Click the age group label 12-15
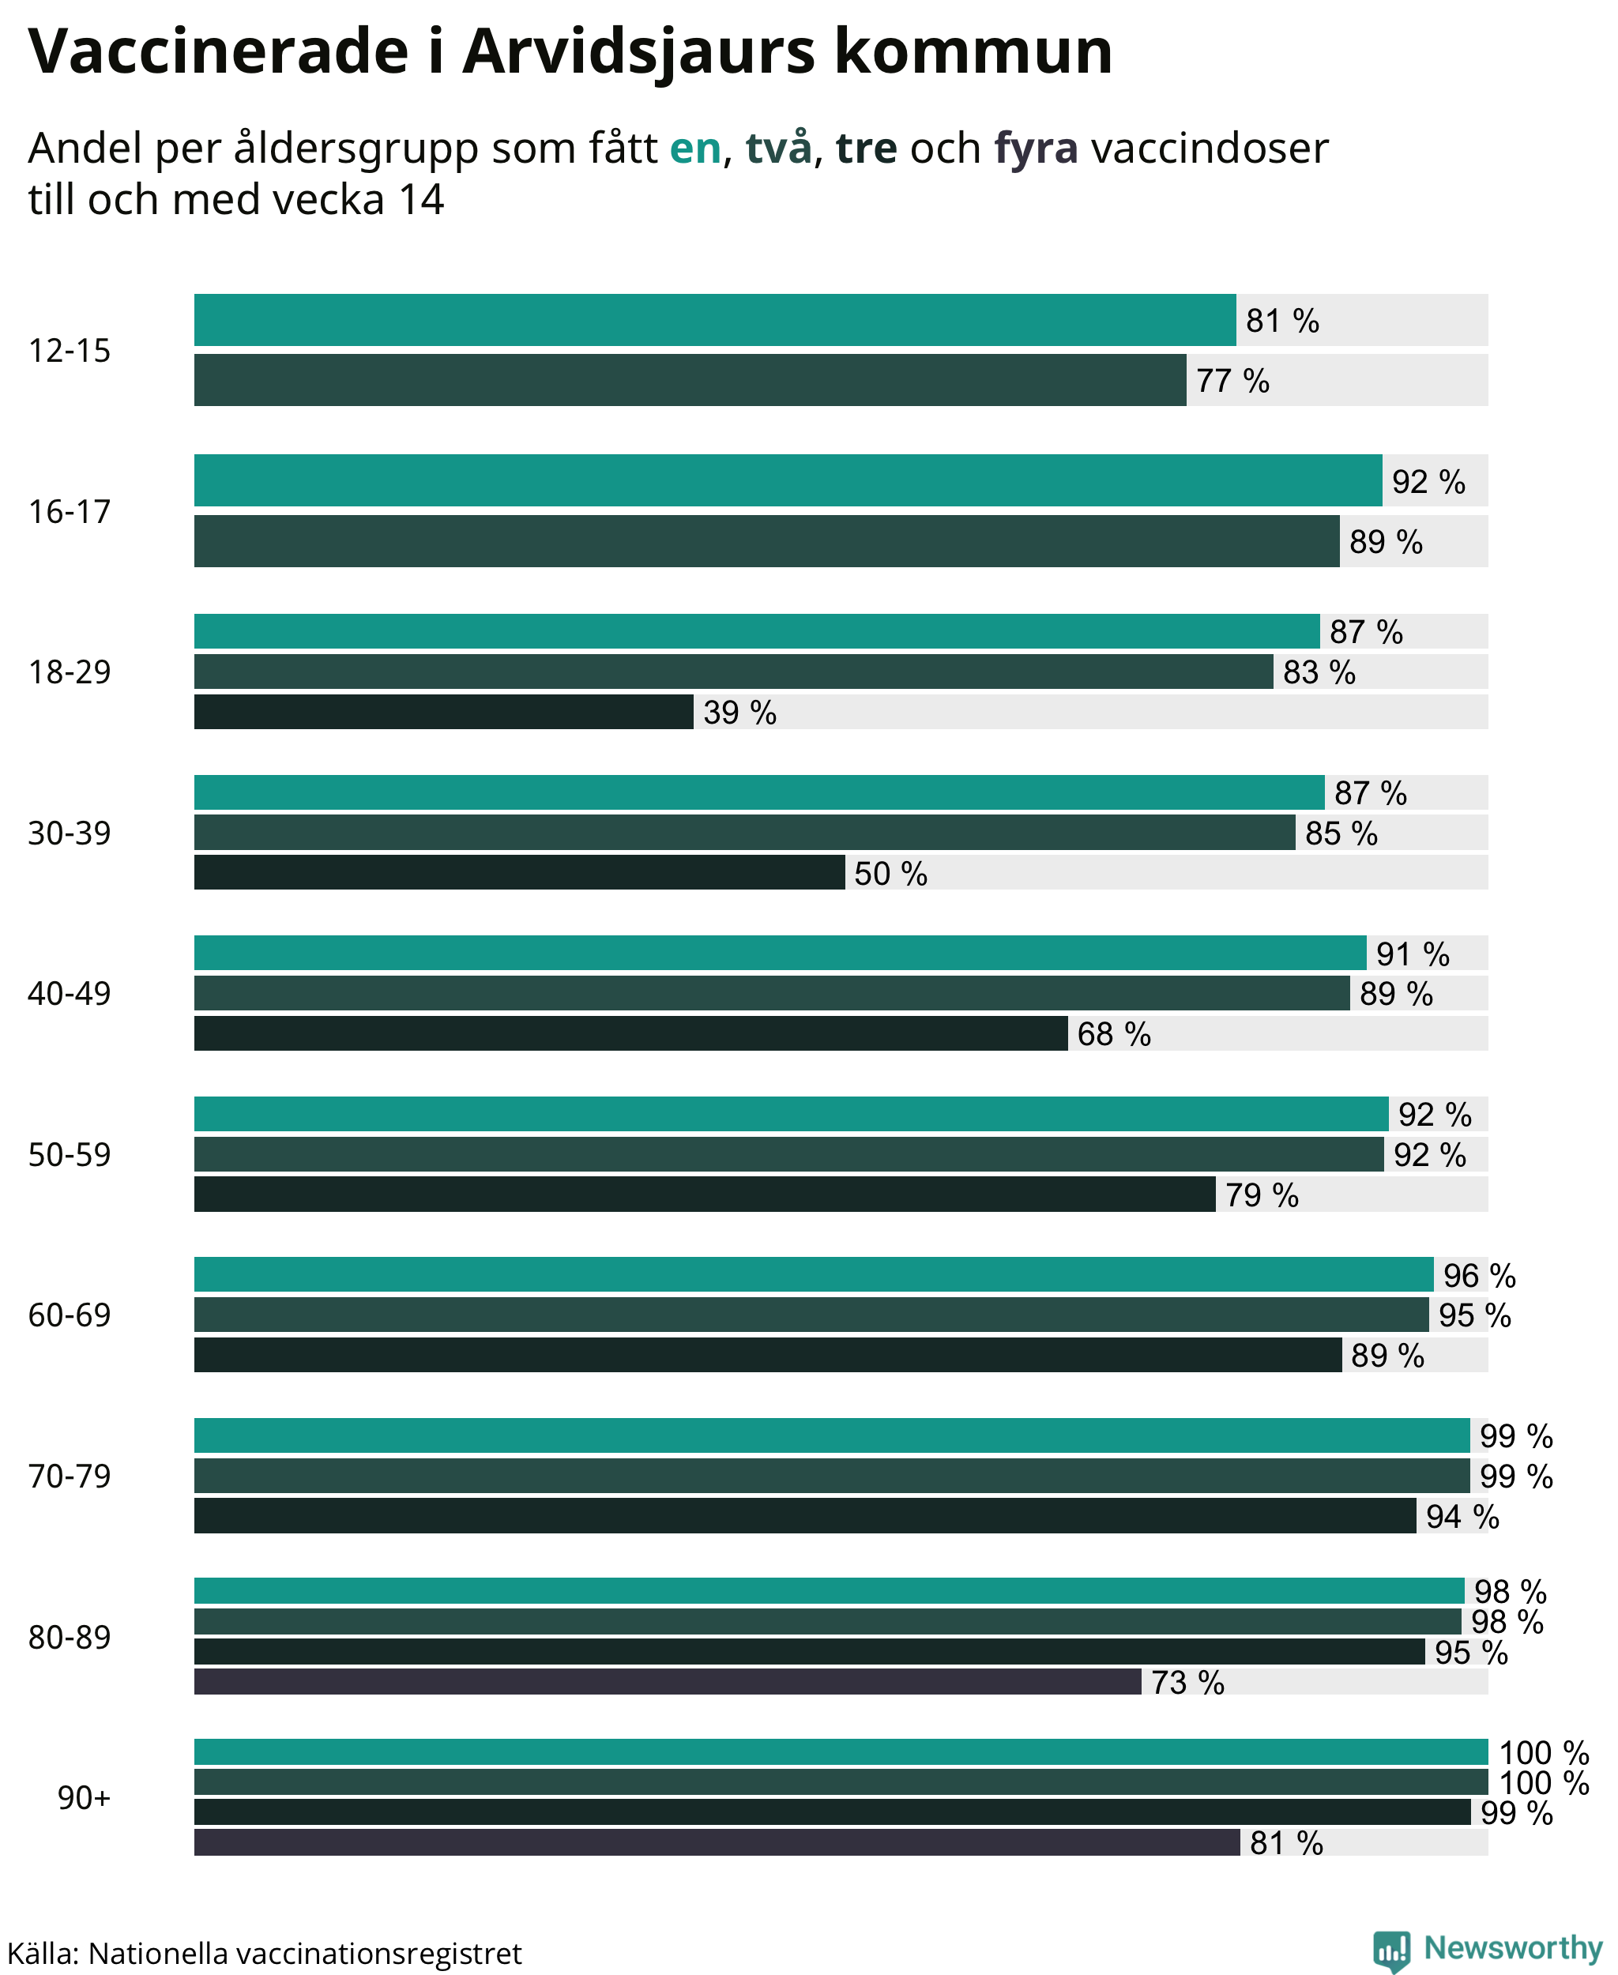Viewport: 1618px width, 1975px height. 69,351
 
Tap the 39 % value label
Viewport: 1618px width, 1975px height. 740,713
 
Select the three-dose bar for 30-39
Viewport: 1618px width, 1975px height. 519,872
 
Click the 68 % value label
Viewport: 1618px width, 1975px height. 1114,1033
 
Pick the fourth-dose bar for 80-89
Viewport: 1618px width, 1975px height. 668,1681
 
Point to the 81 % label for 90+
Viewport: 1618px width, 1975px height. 1286,1842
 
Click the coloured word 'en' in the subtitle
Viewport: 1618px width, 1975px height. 695,149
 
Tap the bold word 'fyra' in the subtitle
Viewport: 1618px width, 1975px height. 1037,149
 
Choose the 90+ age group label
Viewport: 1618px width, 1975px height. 84,1796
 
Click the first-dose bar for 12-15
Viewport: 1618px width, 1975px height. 715,320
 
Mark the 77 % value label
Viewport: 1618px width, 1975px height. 1232,382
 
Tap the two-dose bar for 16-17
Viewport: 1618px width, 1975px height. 767,540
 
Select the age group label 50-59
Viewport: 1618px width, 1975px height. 69,1154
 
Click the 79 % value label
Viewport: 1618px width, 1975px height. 1262,1195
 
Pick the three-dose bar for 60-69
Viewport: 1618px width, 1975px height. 768,1354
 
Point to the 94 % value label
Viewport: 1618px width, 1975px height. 1462,1517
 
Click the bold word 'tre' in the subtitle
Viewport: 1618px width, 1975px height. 866,149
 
